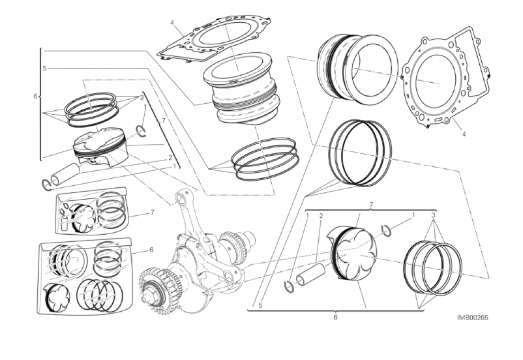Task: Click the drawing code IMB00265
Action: point(472,317)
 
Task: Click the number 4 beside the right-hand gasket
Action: point(464,134)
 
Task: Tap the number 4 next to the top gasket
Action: point(172,23)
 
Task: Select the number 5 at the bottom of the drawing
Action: point(260,305)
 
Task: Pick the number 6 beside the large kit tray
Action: point(151,249)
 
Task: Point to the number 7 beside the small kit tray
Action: point(152,212)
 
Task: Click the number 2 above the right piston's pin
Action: point(321,216)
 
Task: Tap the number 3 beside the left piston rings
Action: point(142,97)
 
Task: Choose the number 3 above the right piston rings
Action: point(433,215)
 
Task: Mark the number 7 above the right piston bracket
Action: point(371,204)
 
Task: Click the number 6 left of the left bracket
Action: point(35,96)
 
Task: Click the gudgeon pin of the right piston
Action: point(311,275)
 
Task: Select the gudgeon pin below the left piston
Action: point(65,174)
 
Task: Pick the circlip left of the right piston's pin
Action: point(289,286)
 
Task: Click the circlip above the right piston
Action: point(387,231)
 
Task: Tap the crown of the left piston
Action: point(99,138)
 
